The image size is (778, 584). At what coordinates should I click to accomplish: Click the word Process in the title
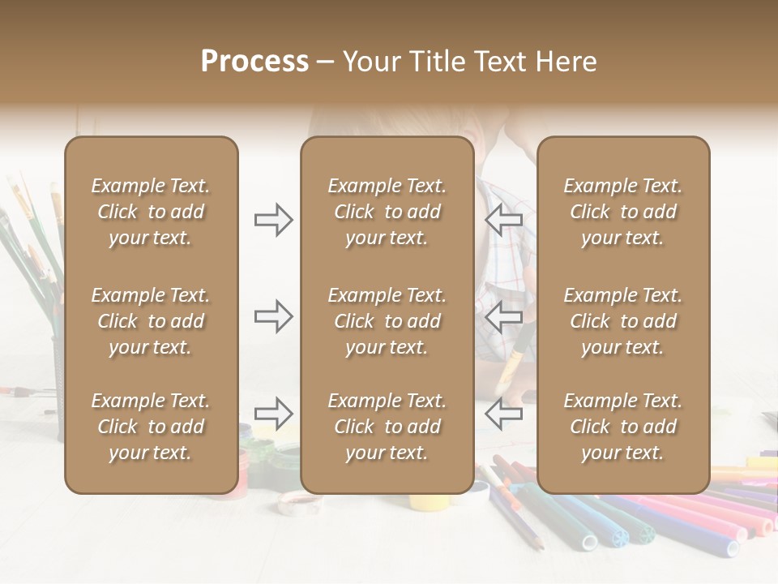point(254,61)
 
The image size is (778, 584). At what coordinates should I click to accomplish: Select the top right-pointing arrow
point(273,220)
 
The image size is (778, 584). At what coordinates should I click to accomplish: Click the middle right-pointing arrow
point(273,316)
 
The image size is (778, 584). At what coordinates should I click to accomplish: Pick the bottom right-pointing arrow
point(273,414)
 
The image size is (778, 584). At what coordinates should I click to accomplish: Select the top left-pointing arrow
point(504,220)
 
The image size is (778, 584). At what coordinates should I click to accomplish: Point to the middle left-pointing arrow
point(504,316)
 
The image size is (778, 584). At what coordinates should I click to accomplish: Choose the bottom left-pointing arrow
point(504,414)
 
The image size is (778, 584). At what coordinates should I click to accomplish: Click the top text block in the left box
point(151,212)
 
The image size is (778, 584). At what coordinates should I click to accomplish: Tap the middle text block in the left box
point(151,321)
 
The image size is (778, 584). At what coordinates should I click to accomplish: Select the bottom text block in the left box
point(151,427)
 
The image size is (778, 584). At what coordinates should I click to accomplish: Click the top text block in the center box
point(387,212)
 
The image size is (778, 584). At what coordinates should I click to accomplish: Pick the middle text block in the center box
point(387,321)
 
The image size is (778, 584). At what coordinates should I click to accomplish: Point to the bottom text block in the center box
point(387,427)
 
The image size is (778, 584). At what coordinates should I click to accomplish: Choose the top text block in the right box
point(622,212)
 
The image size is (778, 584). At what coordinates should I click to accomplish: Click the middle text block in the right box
point(622,321)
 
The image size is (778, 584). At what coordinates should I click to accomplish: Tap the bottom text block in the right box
point(622,427)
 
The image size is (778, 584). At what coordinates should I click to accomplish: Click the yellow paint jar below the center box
point(426,500)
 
